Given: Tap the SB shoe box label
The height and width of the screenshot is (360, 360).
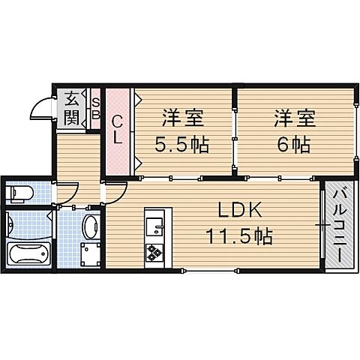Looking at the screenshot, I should click(95, 108).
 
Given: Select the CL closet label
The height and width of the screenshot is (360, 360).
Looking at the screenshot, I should click(118, 130).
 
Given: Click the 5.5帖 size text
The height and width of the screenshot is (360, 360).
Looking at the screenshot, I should click(183, 143).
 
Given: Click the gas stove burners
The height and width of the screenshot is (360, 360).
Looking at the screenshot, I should click(154, 253).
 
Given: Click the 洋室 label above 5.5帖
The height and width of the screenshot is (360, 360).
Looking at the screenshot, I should click(183, 118).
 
